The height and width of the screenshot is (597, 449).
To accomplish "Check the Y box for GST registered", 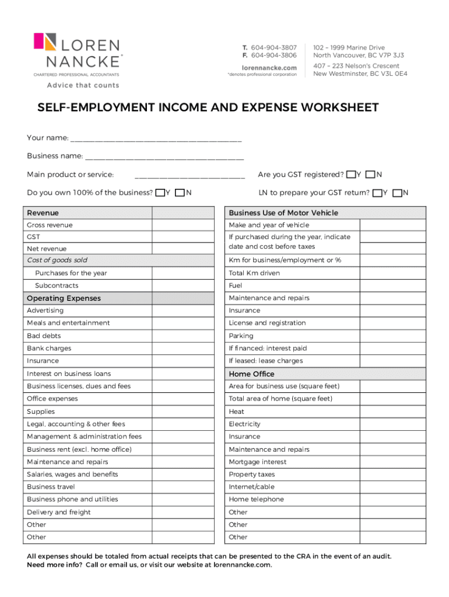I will point(350,174).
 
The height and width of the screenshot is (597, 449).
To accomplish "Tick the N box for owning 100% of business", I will point(180,192).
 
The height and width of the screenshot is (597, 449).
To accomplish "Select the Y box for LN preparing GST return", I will point(377,192).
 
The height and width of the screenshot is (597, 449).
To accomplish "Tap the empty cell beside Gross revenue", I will point(182,225).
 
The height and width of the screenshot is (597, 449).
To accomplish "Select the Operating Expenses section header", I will point(64,298).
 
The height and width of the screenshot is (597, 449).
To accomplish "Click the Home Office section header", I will point(252,374).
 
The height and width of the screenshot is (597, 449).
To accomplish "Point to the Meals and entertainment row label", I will point(68,323).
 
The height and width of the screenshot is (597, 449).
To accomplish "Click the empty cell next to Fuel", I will point(393,286).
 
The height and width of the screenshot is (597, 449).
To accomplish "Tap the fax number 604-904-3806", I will point(274,55).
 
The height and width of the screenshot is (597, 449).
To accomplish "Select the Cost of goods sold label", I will point(57,260).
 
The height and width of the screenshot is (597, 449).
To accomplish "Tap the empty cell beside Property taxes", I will point(393,475).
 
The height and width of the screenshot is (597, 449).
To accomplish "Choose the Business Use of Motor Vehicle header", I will point(283,213).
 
